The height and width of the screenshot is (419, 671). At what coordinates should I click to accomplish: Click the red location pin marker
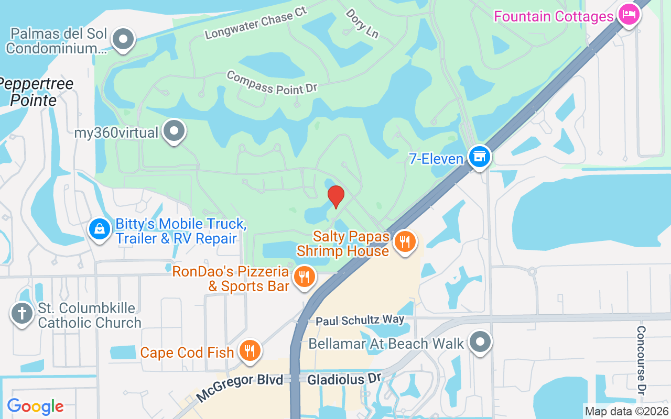pyautogui.click(x=335, y=197)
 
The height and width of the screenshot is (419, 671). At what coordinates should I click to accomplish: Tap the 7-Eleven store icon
pyautogui.click(x=479, y=157)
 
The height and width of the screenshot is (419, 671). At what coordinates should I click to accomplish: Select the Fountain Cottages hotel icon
pyautogui.click(x=627, y=15)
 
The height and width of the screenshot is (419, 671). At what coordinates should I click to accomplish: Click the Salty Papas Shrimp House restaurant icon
pyautogui.click(x=404, y=242)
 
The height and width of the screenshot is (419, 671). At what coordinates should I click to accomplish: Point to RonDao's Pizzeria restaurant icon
pyautogui.click(x=304, y=277)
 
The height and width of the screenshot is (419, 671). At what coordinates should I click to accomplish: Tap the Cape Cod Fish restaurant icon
pyautogui.click(x=250, y=350)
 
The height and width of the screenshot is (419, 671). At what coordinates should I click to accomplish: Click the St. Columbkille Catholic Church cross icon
pyautogui.click(x=21, y=314)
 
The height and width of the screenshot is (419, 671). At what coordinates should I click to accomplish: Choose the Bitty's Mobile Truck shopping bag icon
pyautogui.click(x=99, y=229)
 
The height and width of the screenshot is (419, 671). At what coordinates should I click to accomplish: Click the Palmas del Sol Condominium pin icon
pyautogui.click(x=124, y=39)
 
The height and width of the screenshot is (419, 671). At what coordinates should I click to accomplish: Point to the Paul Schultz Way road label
pyautogui.click(x=360, y=319)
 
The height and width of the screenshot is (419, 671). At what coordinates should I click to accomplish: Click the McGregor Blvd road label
pyautogui.click(x=240, y=388)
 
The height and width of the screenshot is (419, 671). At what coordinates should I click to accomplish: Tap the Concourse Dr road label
pyautogui.click(x=641, y=360)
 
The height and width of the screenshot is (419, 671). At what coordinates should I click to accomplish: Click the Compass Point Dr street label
pyautogui.click(x=272, y=83)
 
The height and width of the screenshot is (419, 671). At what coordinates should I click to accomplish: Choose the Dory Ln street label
pyautogui.click(x=362, y=23)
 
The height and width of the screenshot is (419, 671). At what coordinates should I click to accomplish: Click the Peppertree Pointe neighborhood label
pyautogui.click(x=36, y=92)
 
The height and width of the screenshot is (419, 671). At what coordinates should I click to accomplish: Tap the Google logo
pyautogui.click(x=35, y=406)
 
